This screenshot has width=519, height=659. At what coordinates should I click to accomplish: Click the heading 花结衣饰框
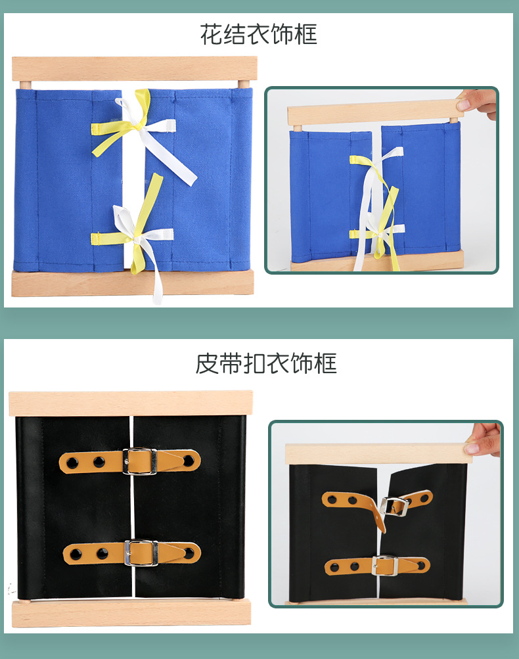click(259, 34)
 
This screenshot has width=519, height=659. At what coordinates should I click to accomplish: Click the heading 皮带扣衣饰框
click(266, 363)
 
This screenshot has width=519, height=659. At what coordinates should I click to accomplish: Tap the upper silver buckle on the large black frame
click(139, 461)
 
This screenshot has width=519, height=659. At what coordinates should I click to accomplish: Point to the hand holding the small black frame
click(484, 439)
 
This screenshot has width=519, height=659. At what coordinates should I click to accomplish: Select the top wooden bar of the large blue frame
click(135, 68)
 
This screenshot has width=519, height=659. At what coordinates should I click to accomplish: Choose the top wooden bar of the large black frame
click(131, 403)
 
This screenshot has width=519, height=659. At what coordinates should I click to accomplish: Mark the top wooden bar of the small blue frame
click(375, 111)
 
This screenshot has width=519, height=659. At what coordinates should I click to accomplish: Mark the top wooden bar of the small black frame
click(375, 453)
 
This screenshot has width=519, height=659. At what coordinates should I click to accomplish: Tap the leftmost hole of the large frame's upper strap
click(72, 463)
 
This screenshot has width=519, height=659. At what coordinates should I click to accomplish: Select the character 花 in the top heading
click(212, 34)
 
